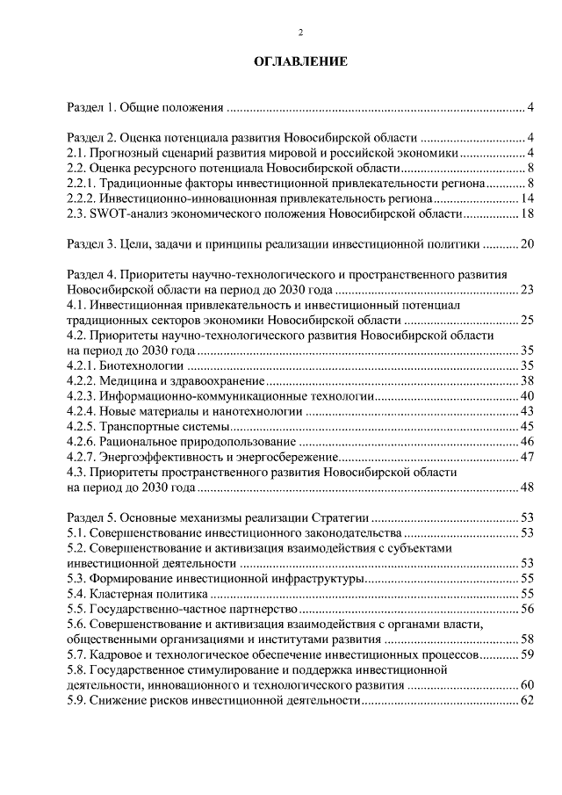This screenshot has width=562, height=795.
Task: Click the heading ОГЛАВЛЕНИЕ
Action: (x=300, y=62)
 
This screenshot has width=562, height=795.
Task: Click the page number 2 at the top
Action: (x=300, y=33)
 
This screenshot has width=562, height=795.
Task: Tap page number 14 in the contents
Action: (x=528, y=199)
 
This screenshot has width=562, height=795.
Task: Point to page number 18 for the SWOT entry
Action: (x=528, y=213)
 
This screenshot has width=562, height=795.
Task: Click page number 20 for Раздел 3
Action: (x=528, y=243)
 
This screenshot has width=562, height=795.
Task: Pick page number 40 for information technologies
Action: (x=528, y=396)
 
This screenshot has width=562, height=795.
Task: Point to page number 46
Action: (x=528, y=441)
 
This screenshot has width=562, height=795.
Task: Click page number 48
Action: (x=528, y=487)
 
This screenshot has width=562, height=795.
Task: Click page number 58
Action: (x=528, y=640)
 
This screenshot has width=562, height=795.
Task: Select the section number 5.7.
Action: (x=76, y=654)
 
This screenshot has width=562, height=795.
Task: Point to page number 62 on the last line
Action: (x=528, y=700)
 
